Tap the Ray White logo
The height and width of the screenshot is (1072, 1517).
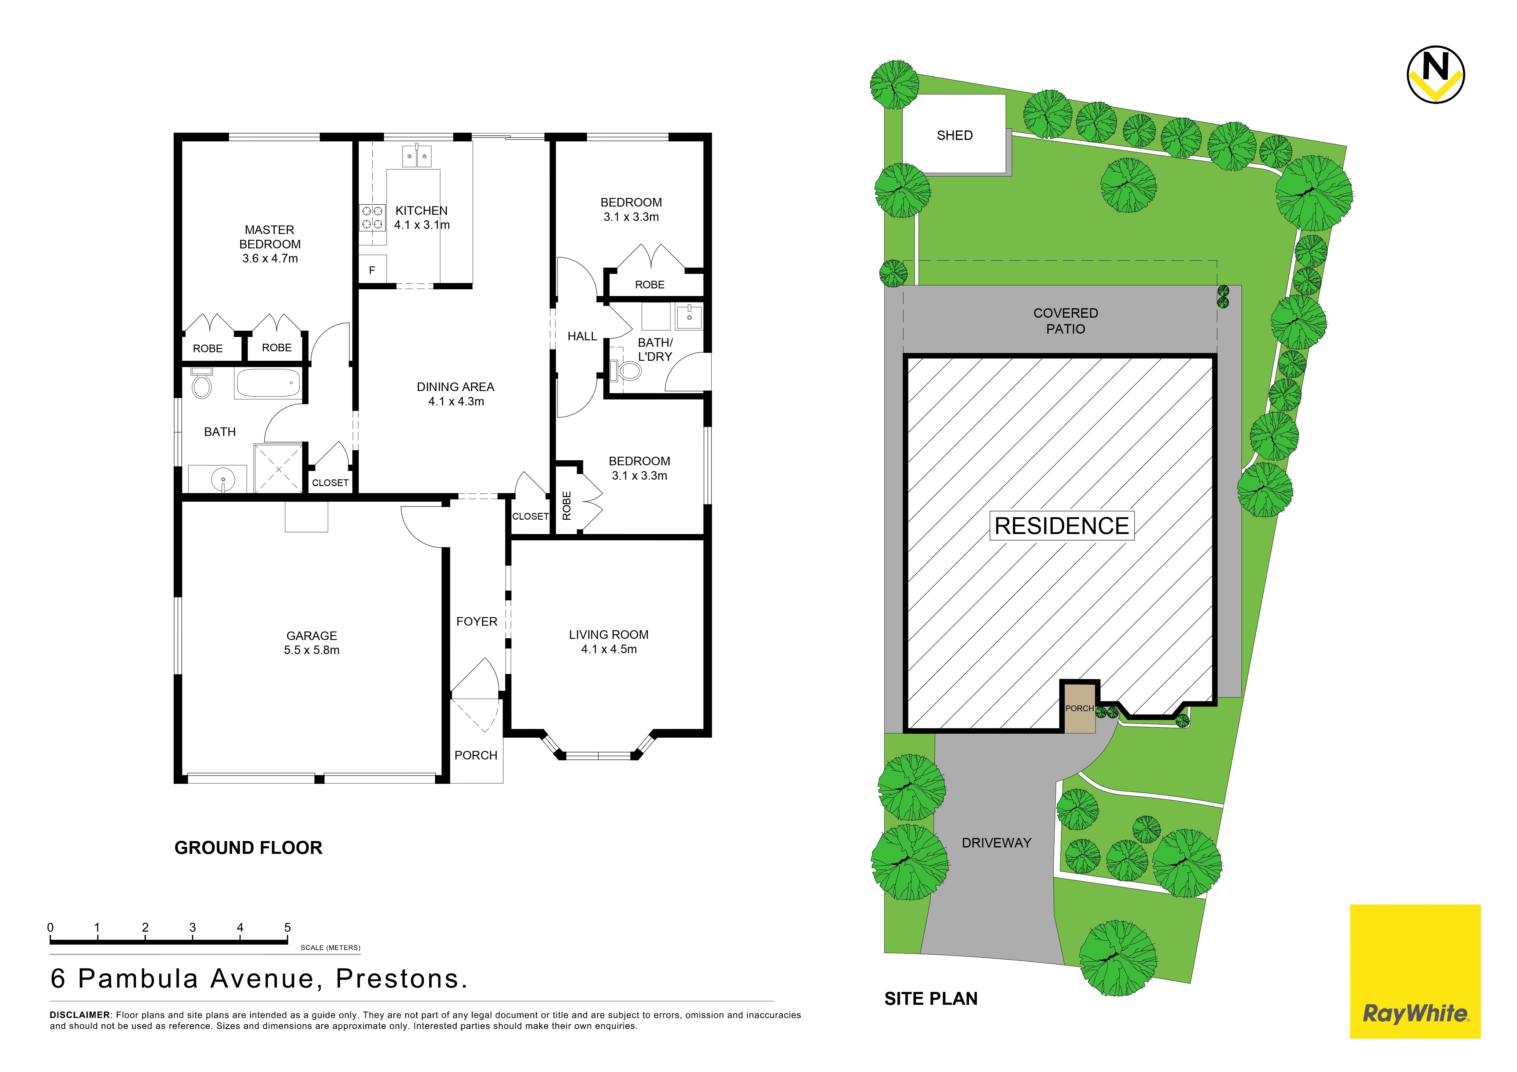(x=1415, y=971)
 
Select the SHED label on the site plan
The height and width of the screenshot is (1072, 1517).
(x=955, y=135)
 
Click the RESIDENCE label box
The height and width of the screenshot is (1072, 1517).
(x=1062, y=526)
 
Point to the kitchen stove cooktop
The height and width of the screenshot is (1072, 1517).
(x=372, y=217)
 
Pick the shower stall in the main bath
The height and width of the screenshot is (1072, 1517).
(x=278, y=468)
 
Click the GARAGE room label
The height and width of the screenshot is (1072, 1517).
(x=312, y=635)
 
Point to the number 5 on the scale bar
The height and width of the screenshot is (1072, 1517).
(x=287, y=927)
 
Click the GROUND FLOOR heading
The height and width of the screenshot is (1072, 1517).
(x=249, y=848)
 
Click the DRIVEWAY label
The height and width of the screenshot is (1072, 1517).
(x=996, y=843)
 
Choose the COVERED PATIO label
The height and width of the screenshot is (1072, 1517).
(x=1066, y=321)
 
